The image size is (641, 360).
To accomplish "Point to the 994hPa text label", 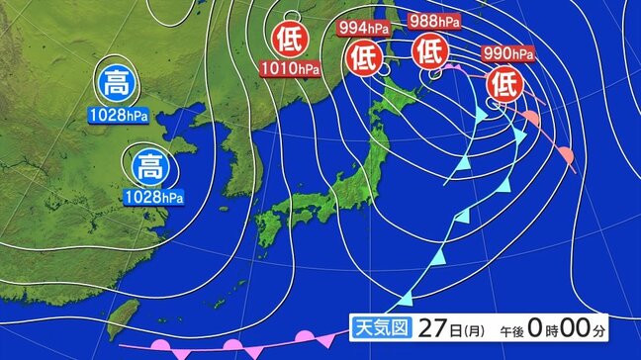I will pyautogui.click(x=364, y=27).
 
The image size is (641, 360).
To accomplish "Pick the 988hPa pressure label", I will pyautogui.click(x=433, y=21).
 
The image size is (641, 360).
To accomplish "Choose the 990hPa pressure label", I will pyautogui.click(x=508, y=52).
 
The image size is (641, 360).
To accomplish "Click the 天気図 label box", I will pyautogui.click(x=378, y=326).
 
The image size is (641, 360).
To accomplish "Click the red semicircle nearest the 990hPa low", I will pyautogui.click(x=530, y=120).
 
